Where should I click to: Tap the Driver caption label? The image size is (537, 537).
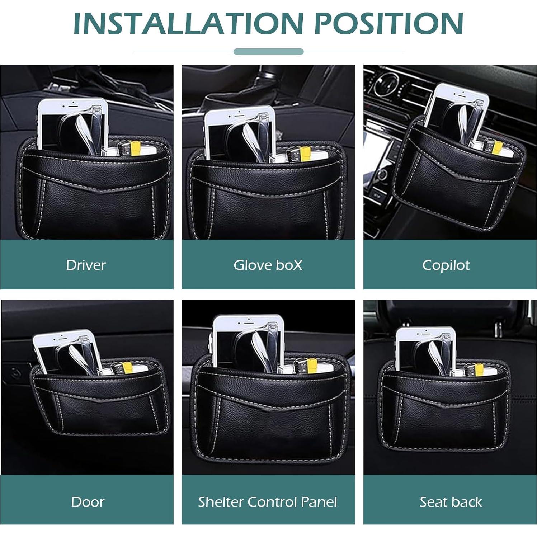86,265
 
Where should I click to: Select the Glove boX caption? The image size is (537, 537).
268,265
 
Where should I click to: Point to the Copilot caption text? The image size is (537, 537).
446,265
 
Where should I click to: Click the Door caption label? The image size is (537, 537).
88,502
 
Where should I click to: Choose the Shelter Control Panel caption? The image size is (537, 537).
268,502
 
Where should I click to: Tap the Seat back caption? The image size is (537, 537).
451,502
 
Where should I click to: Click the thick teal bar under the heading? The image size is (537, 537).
268,52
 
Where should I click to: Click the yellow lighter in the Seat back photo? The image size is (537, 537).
479,369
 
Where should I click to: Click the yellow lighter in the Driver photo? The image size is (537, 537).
136,148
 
